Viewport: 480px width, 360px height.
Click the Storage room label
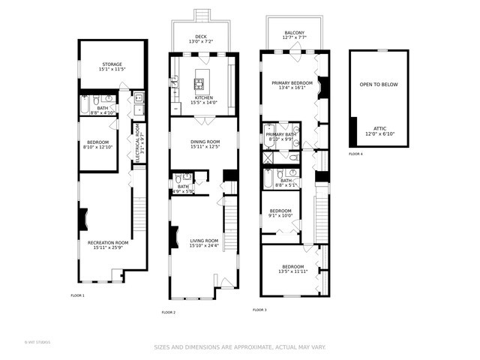tap(112, 65)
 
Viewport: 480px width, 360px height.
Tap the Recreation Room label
tap(108, 243)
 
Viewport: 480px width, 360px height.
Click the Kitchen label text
tap(204, 97)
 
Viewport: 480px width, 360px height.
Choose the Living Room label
tap(203, 241)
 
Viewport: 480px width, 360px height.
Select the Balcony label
tap(294, 33)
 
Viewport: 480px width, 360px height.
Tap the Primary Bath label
tap(281, 134)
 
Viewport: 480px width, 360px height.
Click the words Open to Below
tap(379, 85)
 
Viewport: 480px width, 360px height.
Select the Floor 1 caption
tap(77, 295)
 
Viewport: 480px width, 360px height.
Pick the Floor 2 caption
tap(169, 312)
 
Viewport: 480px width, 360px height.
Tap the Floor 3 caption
tap(259, 309)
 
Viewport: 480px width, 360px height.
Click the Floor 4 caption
tap(355, 154)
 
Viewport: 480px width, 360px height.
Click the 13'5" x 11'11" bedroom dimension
tap(292, 271)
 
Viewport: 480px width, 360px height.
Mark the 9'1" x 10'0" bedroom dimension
tap(280, 215)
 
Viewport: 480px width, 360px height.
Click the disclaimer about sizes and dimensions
tap(239, 347)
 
